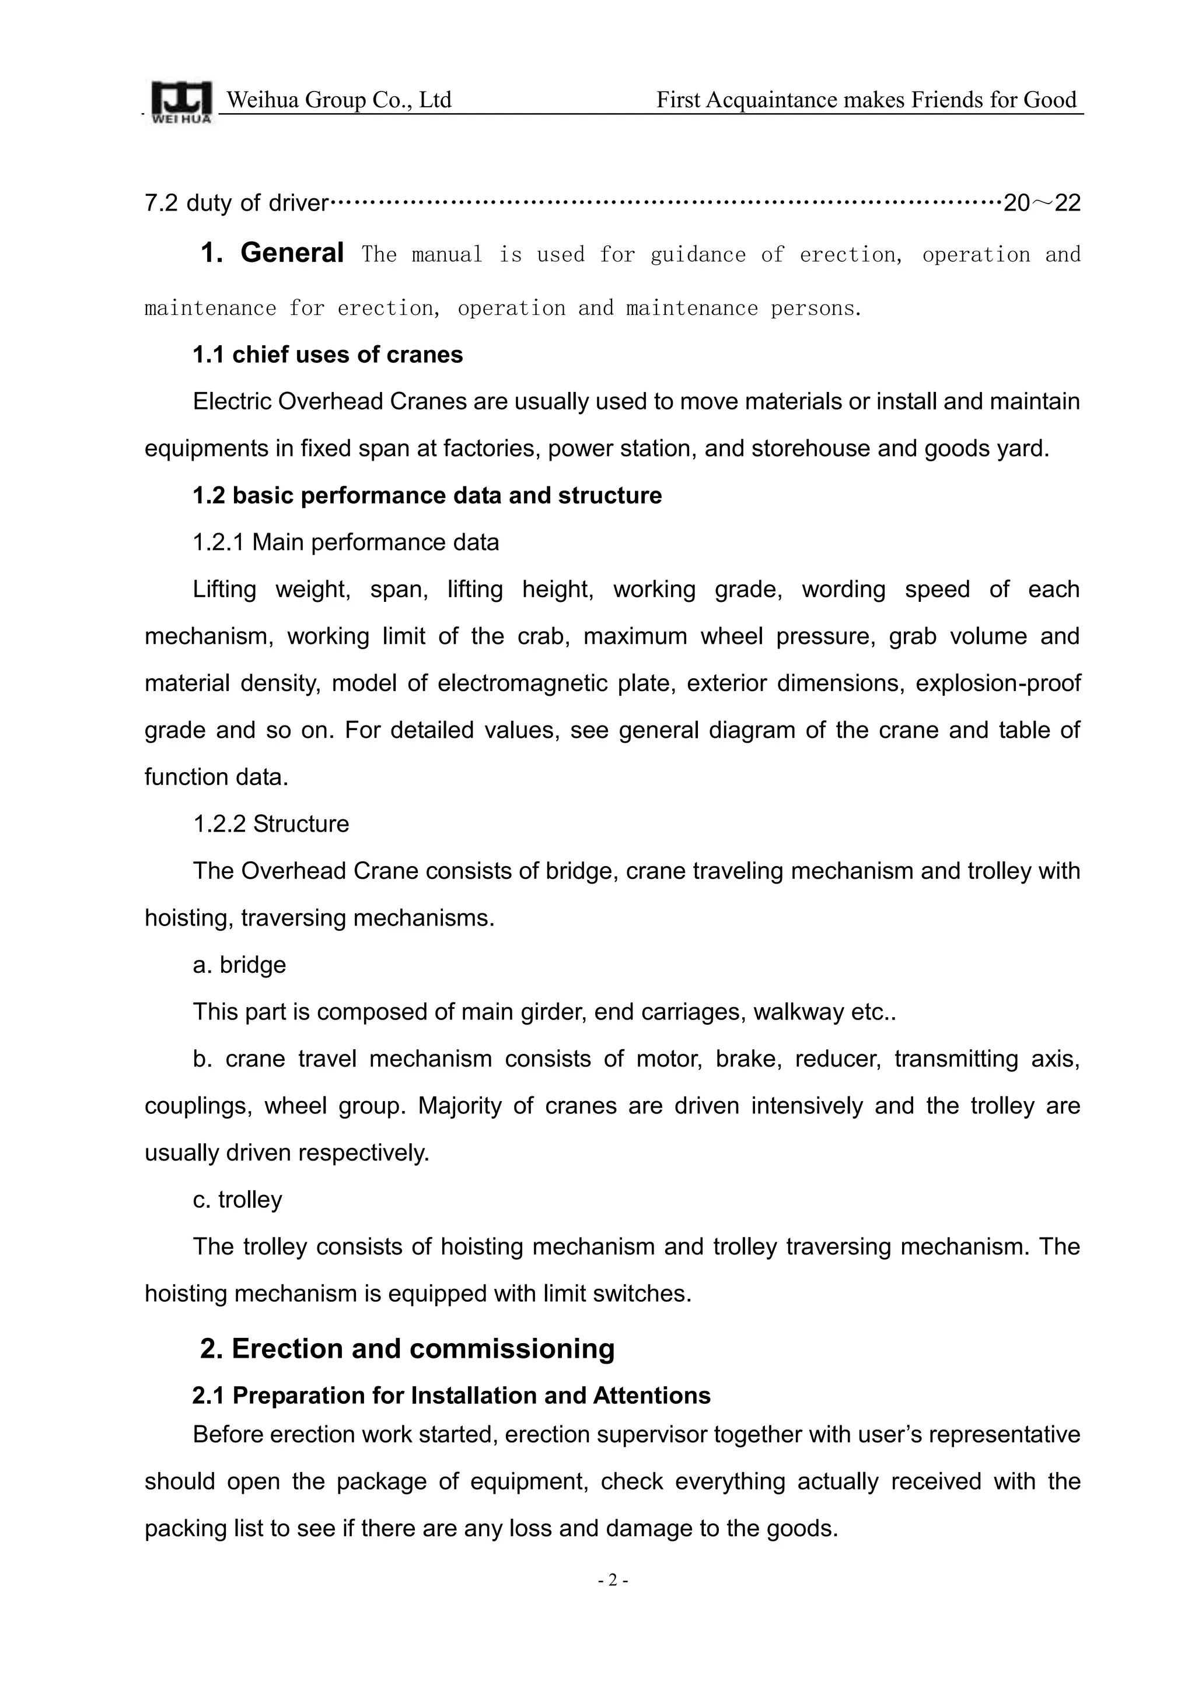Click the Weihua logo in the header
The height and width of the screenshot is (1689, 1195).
181,102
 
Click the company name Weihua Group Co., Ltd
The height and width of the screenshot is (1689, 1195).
338,99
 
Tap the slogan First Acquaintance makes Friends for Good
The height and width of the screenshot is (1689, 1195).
866,99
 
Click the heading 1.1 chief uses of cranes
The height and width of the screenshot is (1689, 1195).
327,355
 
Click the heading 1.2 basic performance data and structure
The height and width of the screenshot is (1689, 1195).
427,495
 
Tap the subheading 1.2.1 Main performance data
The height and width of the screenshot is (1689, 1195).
346,542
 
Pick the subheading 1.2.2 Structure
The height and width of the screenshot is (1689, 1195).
271,824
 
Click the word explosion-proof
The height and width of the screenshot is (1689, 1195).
998,684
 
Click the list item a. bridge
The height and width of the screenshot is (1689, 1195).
239,965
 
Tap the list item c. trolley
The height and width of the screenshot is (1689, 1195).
237,1199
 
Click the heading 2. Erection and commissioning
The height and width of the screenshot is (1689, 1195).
407,1349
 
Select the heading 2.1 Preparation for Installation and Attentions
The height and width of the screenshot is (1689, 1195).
451,1396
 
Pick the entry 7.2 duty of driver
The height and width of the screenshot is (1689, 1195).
236,203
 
